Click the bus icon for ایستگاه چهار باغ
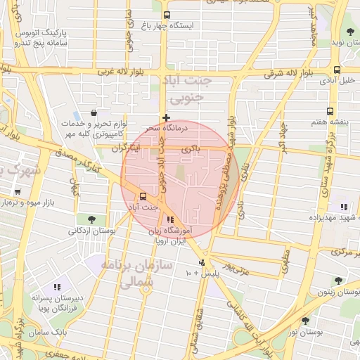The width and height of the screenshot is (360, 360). tap(167, 15)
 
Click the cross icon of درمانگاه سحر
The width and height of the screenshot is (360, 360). tap(166, 117)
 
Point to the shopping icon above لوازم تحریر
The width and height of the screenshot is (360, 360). tap(94, 112)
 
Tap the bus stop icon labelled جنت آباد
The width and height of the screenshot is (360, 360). tap(143, 197)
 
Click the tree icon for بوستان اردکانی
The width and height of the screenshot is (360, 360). tap(92, 219)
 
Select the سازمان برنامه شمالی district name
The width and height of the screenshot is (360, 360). tap(127, 274)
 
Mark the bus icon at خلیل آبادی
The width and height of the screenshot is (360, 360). tap(337, 70)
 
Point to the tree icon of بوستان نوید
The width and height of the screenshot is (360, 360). tap(350, 32)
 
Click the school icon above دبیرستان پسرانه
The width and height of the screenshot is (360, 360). tap(57, 287)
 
